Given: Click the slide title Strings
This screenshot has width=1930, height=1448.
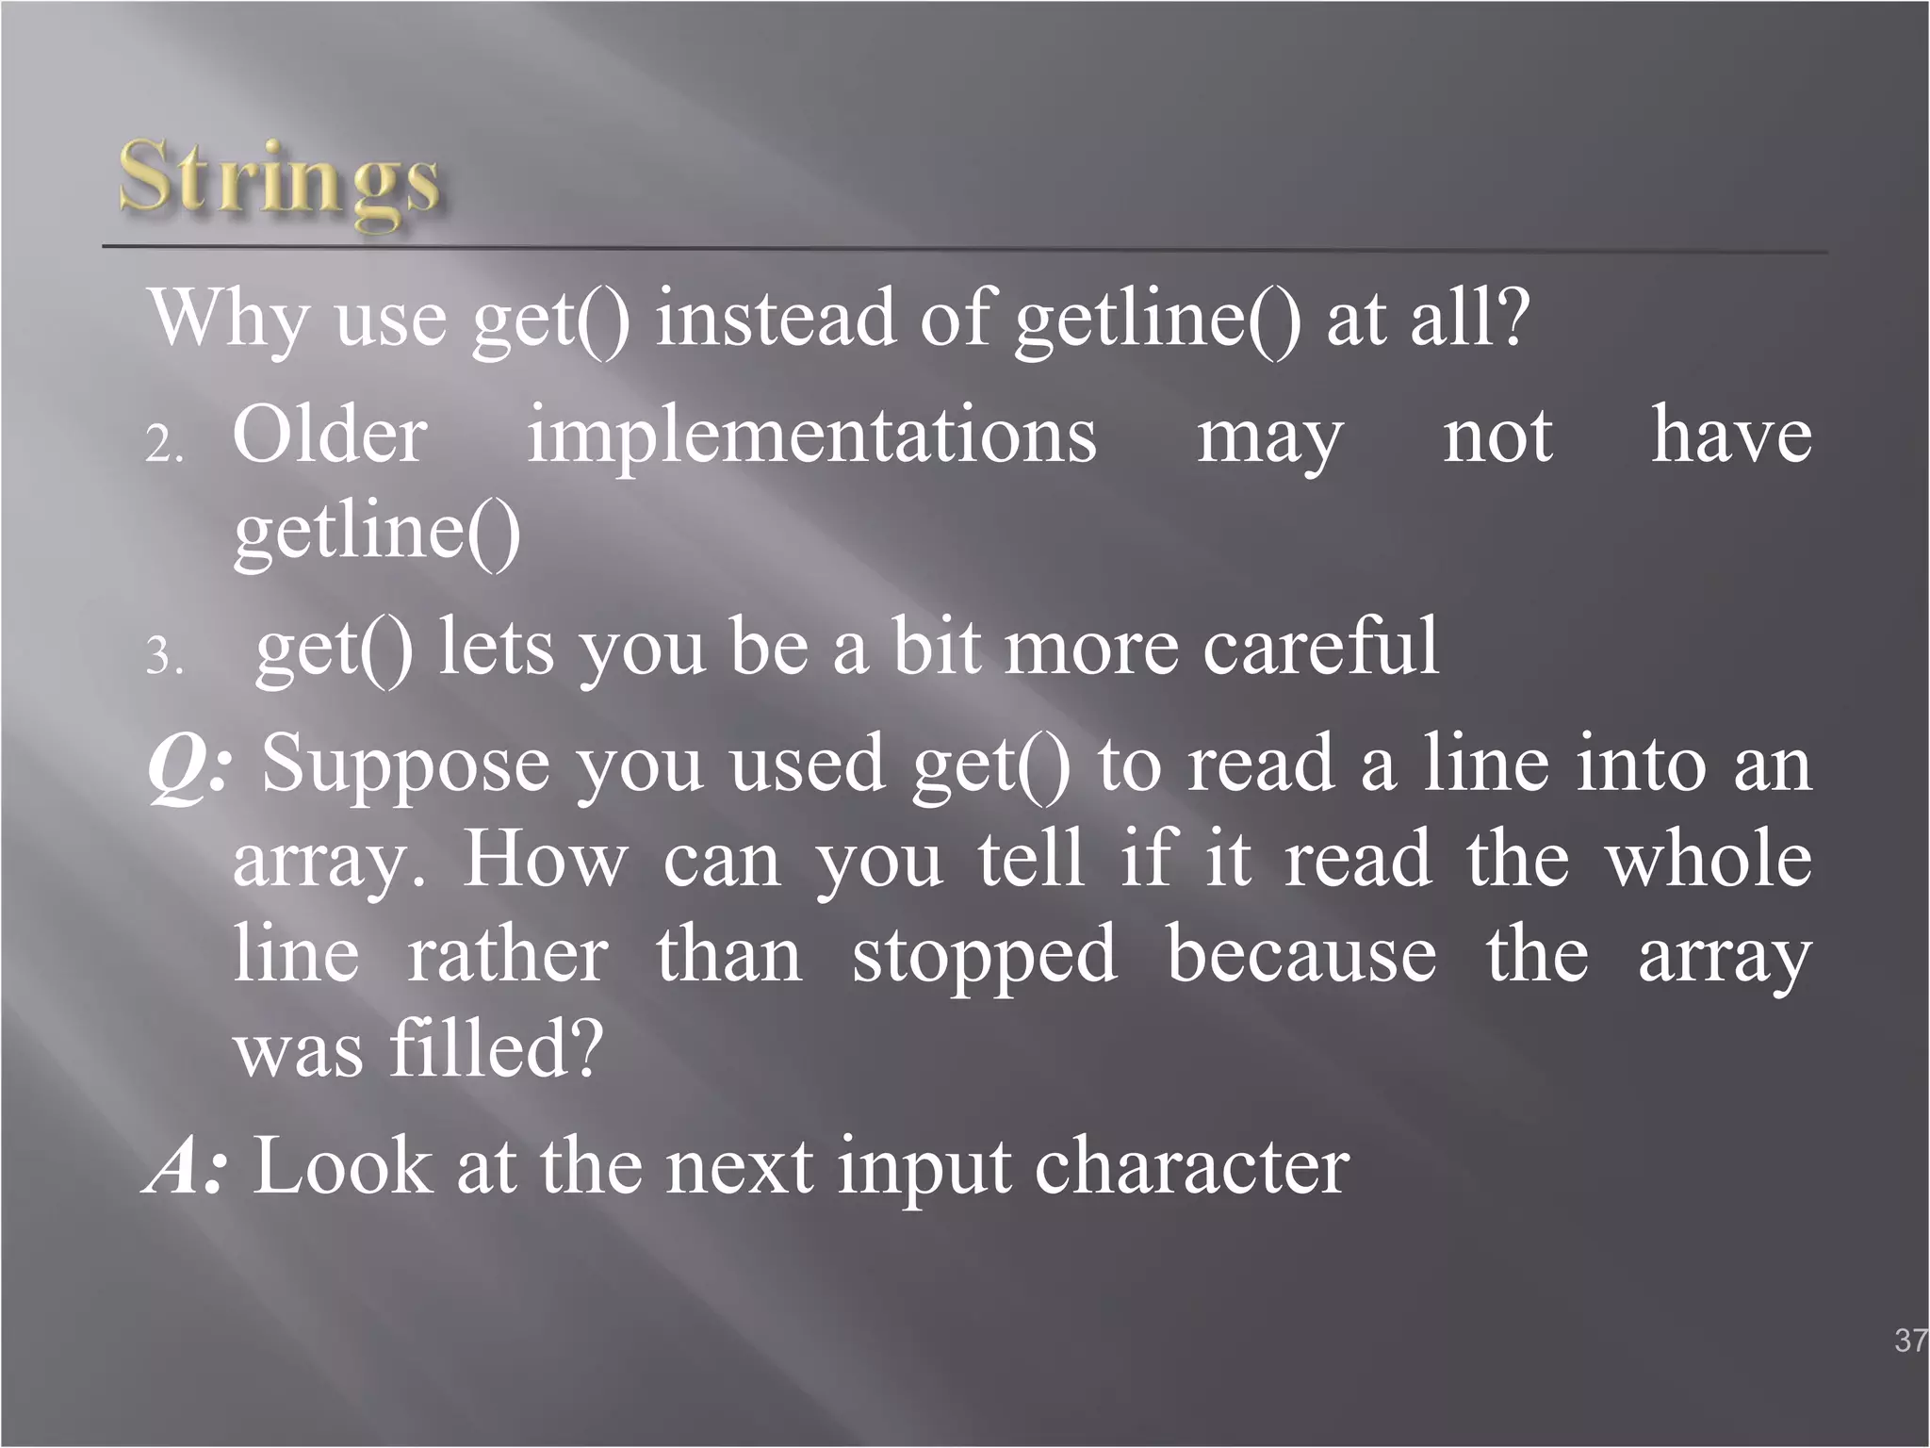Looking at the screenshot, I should pos(280,179).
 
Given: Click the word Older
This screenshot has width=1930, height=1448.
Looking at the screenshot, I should pos(330,436).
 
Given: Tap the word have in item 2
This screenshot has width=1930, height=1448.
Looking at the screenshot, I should pos(1731,436).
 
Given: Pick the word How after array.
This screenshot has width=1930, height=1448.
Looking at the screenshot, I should pos(545,860).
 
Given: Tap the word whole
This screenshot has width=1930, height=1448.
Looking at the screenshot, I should pos(1709,860).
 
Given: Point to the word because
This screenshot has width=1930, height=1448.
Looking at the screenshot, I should pos(1301,956).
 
